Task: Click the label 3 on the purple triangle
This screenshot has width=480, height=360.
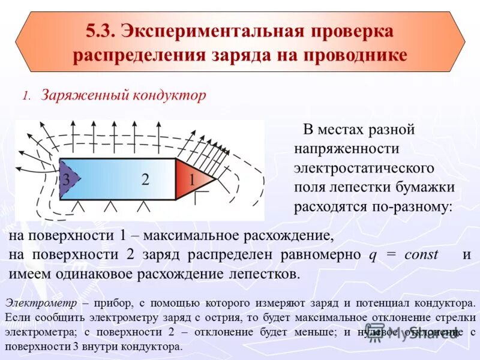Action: coord(67,179)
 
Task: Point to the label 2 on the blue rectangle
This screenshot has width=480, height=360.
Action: coord(145,179)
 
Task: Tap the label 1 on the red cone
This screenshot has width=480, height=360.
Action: coord(192,179)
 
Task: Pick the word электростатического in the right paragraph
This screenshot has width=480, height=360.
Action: coord(364,167)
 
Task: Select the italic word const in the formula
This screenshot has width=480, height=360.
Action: coord(421,254)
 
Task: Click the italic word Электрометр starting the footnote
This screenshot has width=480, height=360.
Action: coord(41,302)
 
